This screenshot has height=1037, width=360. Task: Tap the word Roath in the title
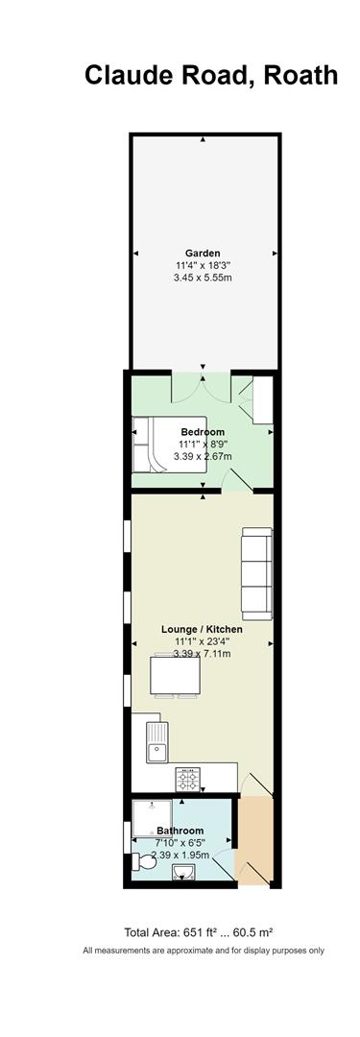point(300,76)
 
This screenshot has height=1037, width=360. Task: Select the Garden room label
point(203,253)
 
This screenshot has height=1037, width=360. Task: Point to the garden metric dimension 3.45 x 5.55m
point(203,277)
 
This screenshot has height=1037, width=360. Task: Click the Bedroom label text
point(204,432)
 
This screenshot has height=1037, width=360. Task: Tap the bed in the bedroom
point(169,445)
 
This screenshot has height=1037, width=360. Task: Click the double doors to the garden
point(203,388)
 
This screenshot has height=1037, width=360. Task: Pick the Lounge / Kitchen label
point(202,629)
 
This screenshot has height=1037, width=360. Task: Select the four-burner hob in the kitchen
point(186,779)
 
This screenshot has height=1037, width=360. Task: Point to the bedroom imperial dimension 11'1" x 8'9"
point(203,445)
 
